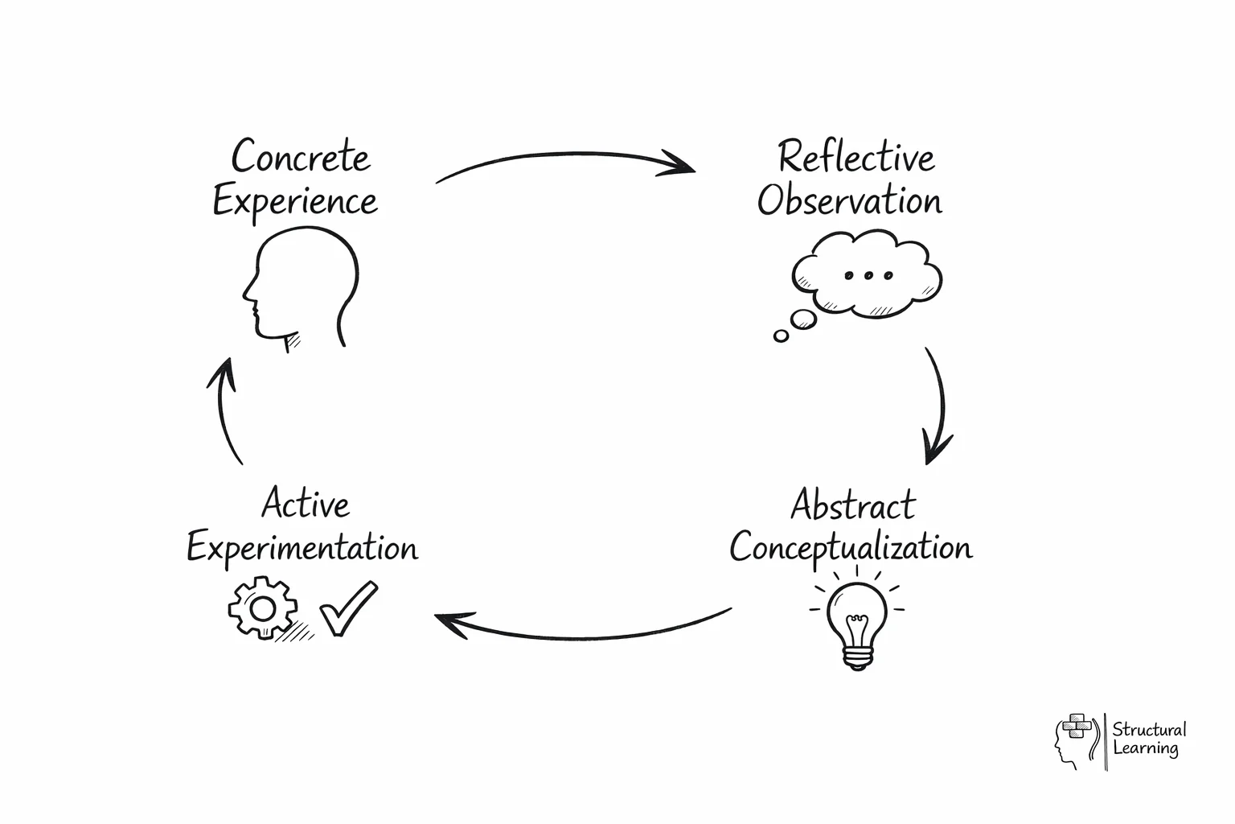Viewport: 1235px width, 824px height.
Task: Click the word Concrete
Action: (301, 156)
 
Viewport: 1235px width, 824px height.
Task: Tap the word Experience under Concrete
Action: (295, 201)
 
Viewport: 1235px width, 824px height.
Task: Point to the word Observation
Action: (849, 200)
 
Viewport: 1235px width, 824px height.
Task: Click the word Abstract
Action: (853, 505)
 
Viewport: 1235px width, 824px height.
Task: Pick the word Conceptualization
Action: (851, 548)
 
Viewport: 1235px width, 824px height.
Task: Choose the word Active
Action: (306, 505)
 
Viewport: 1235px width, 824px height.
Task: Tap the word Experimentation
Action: (302, 549)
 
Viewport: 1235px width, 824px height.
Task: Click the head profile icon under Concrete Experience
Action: (302, 286)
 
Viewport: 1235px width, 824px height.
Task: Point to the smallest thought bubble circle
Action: (781, 336)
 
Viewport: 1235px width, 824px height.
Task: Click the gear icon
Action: (262, 608)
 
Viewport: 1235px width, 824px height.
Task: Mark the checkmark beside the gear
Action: (348, 609)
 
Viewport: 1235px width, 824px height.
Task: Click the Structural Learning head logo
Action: (1076, 740)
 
